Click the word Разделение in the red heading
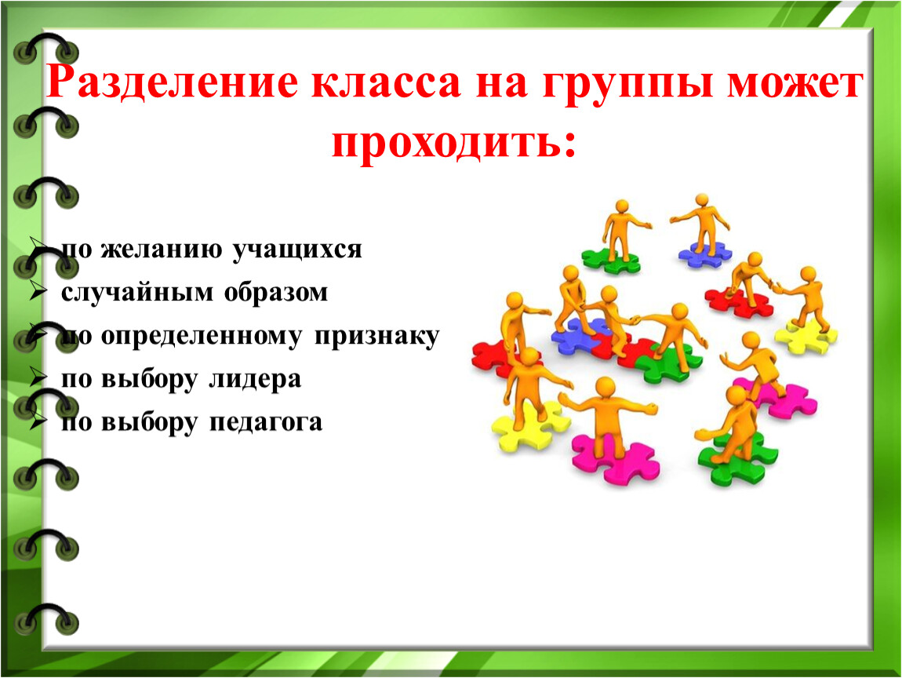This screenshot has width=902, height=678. pos(172,82)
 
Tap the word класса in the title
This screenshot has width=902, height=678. pos(387,83)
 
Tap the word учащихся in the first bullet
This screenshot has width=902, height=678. pos(296,250)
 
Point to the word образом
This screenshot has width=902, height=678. pos(275,293)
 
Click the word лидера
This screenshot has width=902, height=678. pos(255,379)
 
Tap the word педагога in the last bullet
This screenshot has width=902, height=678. pos(265,423)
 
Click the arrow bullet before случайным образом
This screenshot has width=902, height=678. pos(38,292)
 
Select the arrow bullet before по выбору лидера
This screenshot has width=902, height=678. pos(38,379)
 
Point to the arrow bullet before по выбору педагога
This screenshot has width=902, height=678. pos(38,422)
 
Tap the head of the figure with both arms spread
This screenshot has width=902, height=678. pos(605,387)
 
